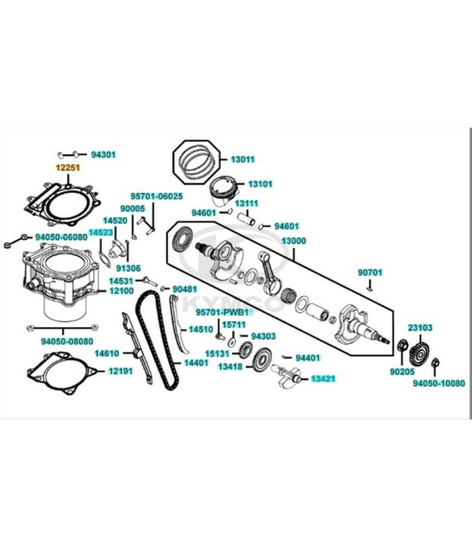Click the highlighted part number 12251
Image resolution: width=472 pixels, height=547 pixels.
click(68, 167)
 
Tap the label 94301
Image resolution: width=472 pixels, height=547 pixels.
click(104, 154)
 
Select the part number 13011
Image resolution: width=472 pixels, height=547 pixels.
click(243, 159)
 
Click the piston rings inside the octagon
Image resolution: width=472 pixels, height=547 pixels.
click(197, 160)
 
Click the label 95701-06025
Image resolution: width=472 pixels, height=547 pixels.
click(157, 196)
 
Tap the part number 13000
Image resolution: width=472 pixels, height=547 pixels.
click(293, 241)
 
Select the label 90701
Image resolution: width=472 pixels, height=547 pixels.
click(370, 273)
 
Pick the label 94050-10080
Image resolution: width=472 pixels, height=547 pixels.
click(439, 384)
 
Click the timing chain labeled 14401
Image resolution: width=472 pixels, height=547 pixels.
click(157, 340)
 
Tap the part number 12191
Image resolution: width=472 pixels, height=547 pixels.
click(121, 371)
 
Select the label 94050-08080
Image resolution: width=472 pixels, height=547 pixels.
click(67, 341)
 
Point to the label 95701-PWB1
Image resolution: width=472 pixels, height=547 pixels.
click(223, 312)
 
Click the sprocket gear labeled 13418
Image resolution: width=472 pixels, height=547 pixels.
click(262, 360)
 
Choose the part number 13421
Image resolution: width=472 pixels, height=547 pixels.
click(323, 379)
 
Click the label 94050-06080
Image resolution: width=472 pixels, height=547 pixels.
click(61, 237)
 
